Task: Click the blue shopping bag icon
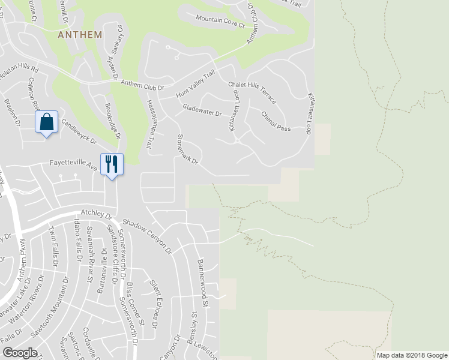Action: [x=47, y=122]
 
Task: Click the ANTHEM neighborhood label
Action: [x=80, y=35]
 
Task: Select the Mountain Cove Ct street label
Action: [x=220, y=22]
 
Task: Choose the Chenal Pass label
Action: [x=276, y=121]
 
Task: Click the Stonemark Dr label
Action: [x=187, y=150]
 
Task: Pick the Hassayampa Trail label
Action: [x=151, y=124]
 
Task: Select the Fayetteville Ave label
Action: [x=73, y=164]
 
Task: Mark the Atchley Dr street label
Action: [x=96, y=214]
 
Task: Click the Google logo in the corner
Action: [x=20, y=353]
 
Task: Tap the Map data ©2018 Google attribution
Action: [x=411, y=355]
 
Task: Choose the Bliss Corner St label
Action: [x=135, y=304]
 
